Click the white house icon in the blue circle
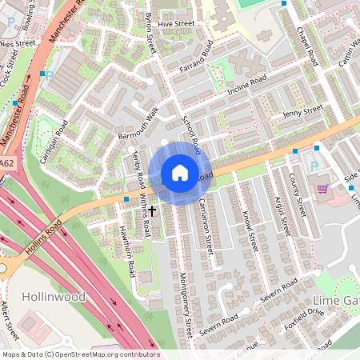[x=179, y=173]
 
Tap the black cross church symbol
[x=151, y=210]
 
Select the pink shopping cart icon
[x=322, y=190]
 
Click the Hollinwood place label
[x=54, y=296]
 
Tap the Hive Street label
[x=176, y=25]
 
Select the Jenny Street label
[x=302, y=111]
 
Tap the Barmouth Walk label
[x=138, y=124]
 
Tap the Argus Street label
[x=279, y=214]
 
